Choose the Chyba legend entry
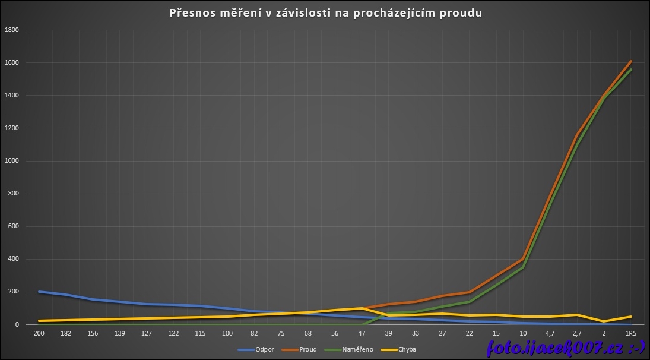pos(407,349)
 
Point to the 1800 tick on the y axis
pos(12,30)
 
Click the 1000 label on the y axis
pos(12,161)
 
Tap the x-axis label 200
pos(39,334)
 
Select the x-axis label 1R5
pos(630,334)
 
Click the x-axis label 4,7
pos(550,334)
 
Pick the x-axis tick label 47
pos(362,334)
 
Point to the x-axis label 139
pos(120,334)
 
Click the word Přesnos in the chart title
pos(191,12)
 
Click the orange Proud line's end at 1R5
pos(630,61)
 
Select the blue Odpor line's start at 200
pos(39,292)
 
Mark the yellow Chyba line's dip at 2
pos(604,321)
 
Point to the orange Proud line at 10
pos(523,259)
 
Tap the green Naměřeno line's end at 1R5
pos(630,70)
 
